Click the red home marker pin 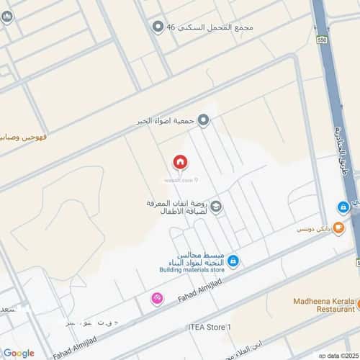(179, 162)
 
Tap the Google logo (18, 353)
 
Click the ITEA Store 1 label (207, 328)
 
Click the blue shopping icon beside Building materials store (233, 261)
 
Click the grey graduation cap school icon (216, 207)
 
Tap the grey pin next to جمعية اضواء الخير (204, 120)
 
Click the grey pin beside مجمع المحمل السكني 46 (158, 27)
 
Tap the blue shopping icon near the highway (343, 207)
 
